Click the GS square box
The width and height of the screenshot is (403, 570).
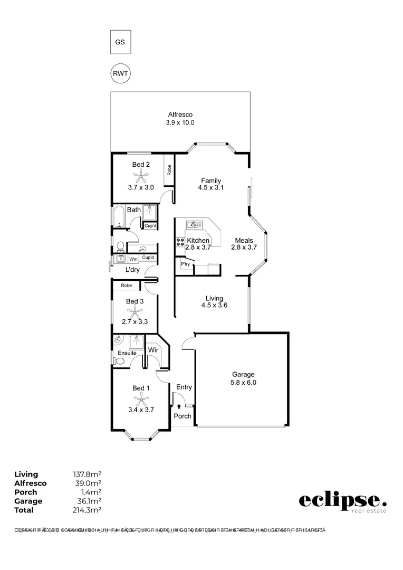click(120, 43)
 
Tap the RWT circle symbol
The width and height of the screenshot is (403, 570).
click(120, 73)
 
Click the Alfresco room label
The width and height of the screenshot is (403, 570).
click(180, 115)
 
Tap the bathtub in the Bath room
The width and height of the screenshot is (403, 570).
click(118, 216)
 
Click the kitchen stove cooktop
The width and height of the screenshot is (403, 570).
click(180, 242)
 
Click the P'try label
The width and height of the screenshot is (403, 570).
click(185, 264)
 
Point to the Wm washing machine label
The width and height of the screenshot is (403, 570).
click(133, 259)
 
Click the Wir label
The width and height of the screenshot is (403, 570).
click(153, 350)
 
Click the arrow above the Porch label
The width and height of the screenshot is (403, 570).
click(179, 406)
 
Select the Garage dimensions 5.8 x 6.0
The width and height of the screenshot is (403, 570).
click(243, 383)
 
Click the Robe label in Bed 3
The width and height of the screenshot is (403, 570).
click(126, 286)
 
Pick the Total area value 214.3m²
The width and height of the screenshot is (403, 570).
click(87, 510)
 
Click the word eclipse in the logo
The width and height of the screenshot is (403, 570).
click(340, 500)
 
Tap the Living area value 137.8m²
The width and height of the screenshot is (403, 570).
click(87, 474)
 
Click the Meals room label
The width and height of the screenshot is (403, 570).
click(244, 241)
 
